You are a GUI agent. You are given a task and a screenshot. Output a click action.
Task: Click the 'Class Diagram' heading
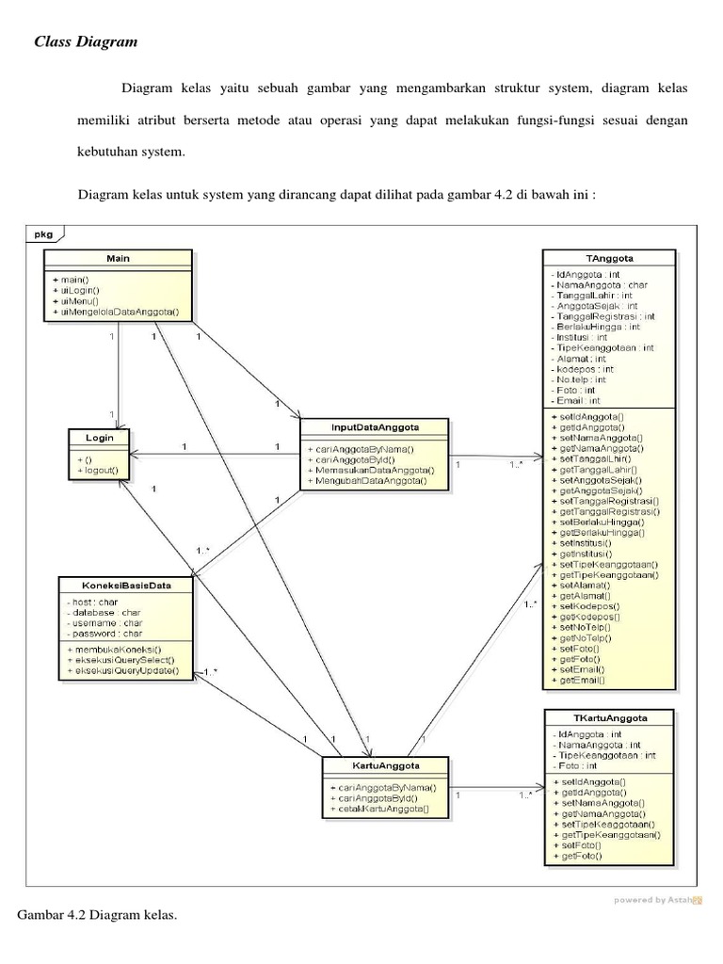(86, 41)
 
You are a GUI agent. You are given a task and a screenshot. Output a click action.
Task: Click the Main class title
(118, 258)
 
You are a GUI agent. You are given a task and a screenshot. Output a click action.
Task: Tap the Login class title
(99, 439)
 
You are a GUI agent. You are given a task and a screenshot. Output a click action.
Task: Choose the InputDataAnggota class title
(375, 427)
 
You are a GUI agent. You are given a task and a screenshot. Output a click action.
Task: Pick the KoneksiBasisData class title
(125, 584)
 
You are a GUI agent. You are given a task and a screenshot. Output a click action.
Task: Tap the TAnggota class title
(610, 257)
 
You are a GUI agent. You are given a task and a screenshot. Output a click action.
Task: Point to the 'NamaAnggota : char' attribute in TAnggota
(601, 284)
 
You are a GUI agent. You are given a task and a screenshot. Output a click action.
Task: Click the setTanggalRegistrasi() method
(608, 501)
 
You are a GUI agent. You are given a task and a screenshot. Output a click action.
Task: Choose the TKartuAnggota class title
(610, 717)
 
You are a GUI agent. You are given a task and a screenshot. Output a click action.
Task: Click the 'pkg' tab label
(44, 233)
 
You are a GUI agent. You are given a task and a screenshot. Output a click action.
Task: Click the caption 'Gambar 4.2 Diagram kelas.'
(98, 914)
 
